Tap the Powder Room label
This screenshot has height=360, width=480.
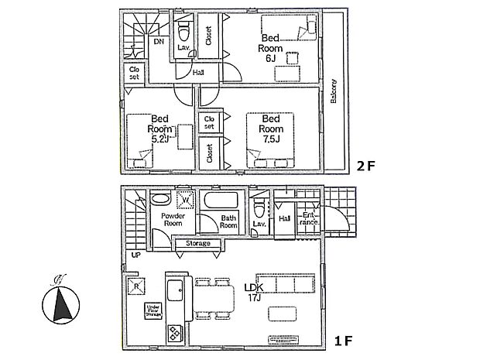171,220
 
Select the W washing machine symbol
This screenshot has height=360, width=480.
185,200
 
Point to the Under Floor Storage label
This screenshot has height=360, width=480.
153,311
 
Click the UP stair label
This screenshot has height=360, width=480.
135,255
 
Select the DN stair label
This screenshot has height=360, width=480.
158,41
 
